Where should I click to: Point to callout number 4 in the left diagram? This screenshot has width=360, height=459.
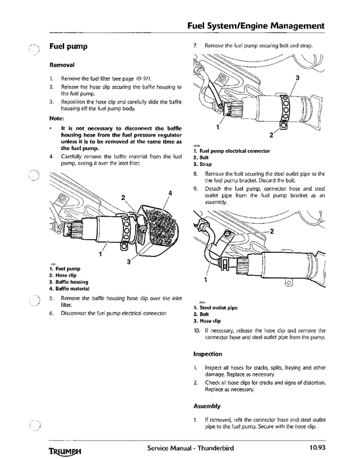click(170, 194)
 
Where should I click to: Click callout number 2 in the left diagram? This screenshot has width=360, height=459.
click(123, 197)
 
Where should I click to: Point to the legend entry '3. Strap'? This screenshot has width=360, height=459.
click(203, 164)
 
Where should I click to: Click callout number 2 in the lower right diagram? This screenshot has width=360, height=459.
click(272, 231)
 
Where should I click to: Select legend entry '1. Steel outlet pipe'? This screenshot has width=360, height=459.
click(215, 308)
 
